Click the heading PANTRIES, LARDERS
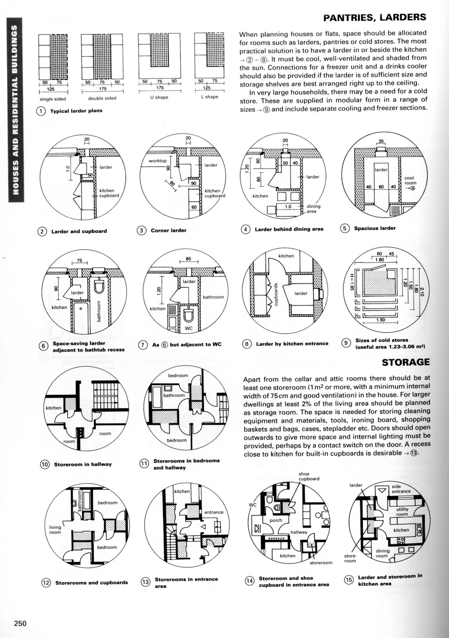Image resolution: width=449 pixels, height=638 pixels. tap(374, 18)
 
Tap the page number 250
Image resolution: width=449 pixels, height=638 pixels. tap(19, 623)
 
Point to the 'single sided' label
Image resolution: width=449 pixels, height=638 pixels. tap(53, 99)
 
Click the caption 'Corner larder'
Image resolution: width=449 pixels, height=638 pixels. tap(168, 230)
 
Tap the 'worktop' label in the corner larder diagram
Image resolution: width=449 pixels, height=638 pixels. tap(157, 161)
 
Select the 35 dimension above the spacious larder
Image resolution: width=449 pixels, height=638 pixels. tap(381, 141)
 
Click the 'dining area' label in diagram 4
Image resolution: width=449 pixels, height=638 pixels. tap(313, 209)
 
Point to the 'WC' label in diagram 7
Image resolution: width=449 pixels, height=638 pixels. tap(189, 329)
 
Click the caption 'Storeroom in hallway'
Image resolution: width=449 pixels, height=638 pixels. tap(83, 464)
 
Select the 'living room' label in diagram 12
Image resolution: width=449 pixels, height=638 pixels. tap(55, 530)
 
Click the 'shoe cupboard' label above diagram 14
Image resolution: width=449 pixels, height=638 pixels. tap(309, 476)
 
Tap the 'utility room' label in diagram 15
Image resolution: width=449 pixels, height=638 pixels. tap(402, 512)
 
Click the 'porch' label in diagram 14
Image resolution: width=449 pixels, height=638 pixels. tap(276, 520)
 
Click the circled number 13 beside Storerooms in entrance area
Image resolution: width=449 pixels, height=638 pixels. tap(146, 582)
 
